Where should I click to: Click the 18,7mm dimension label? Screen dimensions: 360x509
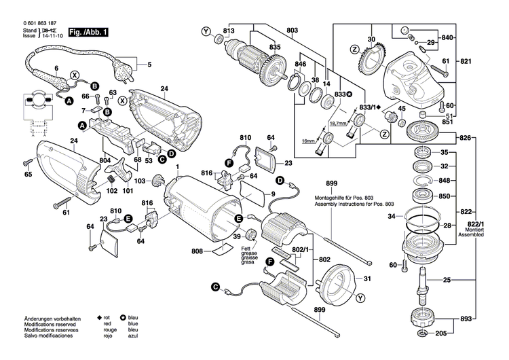(x=337, y=124)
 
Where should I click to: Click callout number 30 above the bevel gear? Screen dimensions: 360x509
(x=371, y=39)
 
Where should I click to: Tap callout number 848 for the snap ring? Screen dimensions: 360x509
(x=445, y=181)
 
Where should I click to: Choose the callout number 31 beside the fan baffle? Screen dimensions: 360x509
(x=368, y=279)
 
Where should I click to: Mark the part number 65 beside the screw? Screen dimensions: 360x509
(x=28, y=175)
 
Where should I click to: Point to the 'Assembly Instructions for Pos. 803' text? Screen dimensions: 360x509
(x=345, y=204)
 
